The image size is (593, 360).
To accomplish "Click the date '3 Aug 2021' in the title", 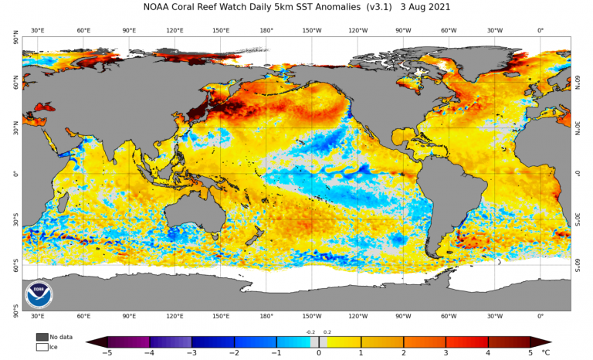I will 420,7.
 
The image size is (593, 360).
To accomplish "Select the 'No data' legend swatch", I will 42,337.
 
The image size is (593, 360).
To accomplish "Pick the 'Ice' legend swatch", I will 42,347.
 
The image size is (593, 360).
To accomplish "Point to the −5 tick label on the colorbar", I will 107,353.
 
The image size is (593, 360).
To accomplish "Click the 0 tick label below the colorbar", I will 319,353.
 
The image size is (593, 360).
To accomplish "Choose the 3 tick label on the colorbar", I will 446,353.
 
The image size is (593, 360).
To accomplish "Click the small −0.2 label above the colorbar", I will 310,332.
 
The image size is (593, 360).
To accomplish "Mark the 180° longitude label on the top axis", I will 266,31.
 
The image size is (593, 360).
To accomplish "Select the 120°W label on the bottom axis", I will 357,316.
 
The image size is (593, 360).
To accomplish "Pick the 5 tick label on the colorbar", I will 530,353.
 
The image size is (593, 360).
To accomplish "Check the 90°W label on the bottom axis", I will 403,316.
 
